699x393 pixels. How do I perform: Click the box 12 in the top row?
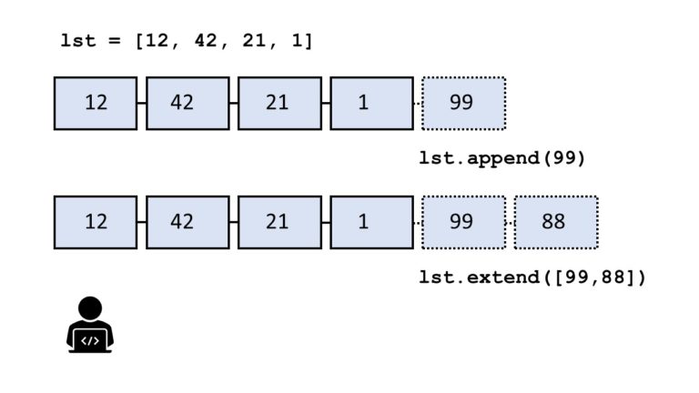[96, 103]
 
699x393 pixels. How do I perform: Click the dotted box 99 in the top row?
[463, 103]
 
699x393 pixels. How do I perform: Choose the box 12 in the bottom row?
[96, 222]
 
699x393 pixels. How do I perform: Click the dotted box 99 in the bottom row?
[463, 222]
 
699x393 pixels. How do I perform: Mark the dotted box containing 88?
[555, 222]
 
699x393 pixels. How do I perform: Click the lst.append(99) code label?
[501, 158]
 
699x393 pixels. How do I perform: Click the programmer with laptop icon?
[90, 325]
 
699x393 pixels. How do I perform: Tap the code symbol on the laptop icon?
[90, 341]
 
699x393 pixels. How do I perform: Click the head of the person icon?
[90, 308]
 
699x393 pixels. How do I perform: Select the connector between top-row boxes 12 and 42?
[142, 103]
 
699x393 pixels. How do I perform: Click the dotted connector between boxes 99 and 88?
[510, 222]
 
